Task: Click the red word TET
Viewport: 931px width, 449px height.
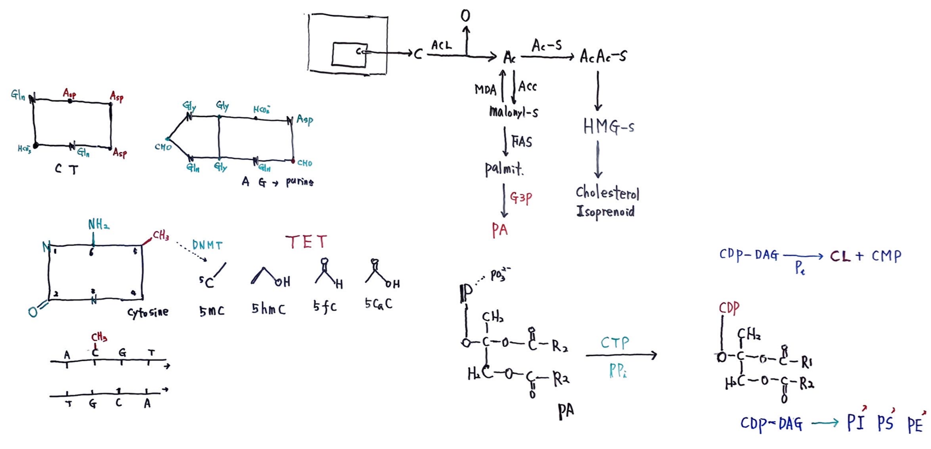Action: pyautogui.click(x=306, y=242)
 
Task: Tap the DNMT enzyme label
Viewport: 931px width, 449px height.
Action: pyautogui.click(x=207, y=245)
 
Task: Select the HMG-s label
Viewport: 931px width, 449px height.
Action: pyautogui.click(x=608, y=127)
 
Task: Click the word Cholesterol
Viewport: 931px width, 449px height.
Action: pyautogui.click(x=607, y=193)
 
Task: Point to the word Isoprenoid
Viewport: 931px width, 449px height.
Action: pyautogui.click(x=605, y=211)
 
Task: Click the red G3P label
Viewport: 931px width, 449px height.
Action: pyautogui.click(x=521, y=198)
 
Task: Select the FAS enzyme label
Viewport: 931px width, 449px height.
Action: pyautogui.click(x=521, y=142)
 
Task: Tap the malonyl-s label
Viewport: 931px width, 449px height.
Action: pyautogui.click(x=514, y=112)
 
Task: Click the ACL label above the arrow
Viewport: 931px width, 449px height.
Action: pyautogui.click(x=441, y=45)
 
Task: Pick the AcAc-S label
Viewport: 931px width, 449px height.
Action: pyautogui.click(x=603, y=57)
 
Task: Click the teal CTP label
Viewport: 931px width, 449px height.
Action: pyautogui.click(x=615, y=343)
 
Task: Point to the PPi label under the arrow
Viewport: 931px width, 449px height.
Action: pyautogui.click(x=617, y=371)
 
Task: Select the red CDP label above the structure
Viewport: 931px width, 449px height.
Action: pyautogui.click(x=729, y=308)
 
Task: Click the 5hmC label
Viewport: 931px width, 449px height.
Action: pyautogui.click(x=269, y=309)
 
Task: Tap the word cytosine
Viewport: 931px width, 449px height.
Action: pyautogui.click(x=148, y=313)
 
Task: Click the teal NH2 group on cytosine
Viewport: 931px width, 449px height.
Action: pyautogui.click(x=99, y=224)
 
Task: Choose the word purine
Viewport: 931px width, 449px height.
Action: pyautogui.click(x=300, y=182)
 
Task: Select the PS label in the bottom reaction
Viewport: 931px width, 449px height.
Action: pyautogui.click(x=885, y=423)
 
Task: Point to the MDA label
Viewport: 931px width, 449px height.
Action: pyautogui.click(x=485, y=89)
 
